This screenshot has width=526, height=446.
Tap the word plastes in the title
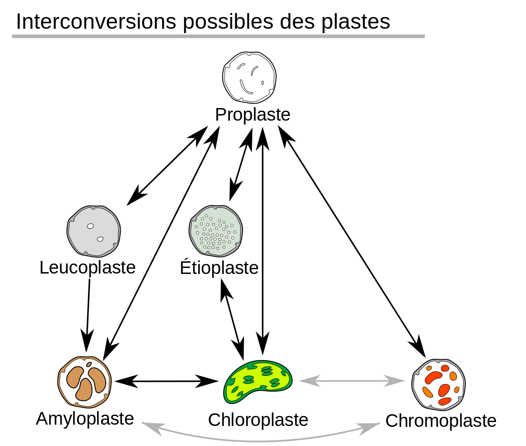click(x=356, y=22)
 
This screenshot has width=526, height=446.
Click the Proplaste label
click(x=253, y=115)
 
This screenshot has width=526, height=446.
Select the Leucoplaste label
click(x=88, y=267)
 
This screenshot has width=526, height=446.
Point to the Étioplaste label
click(x=219, y=268)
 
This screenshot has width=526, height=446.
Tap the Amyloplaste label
click(x=85, y=419)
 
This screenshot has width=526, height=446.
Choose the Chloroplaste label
click(x=258, y=420)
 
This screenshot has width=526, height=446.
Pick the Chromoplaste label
click(x=441, y=421)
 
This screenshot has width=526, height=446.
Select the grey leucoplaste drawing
click(x=93, y=230)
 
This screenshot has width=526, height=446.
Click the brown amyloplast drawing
click(x=85, y=382)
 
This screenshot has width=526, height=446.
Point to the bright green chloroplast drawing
click(x=258, y=381)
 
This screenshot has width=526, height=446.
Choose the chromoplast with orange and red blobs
click(x=438, y=385)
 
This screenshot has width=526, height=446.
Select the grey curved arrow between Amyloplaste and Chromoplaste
click(x=261, y=440)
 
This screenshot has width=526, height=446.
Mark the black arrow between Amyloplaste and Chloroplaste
click(x=167, y=381)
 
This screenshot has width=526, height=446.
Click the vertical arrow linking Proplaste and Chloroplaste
click(x=262, y=240)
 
